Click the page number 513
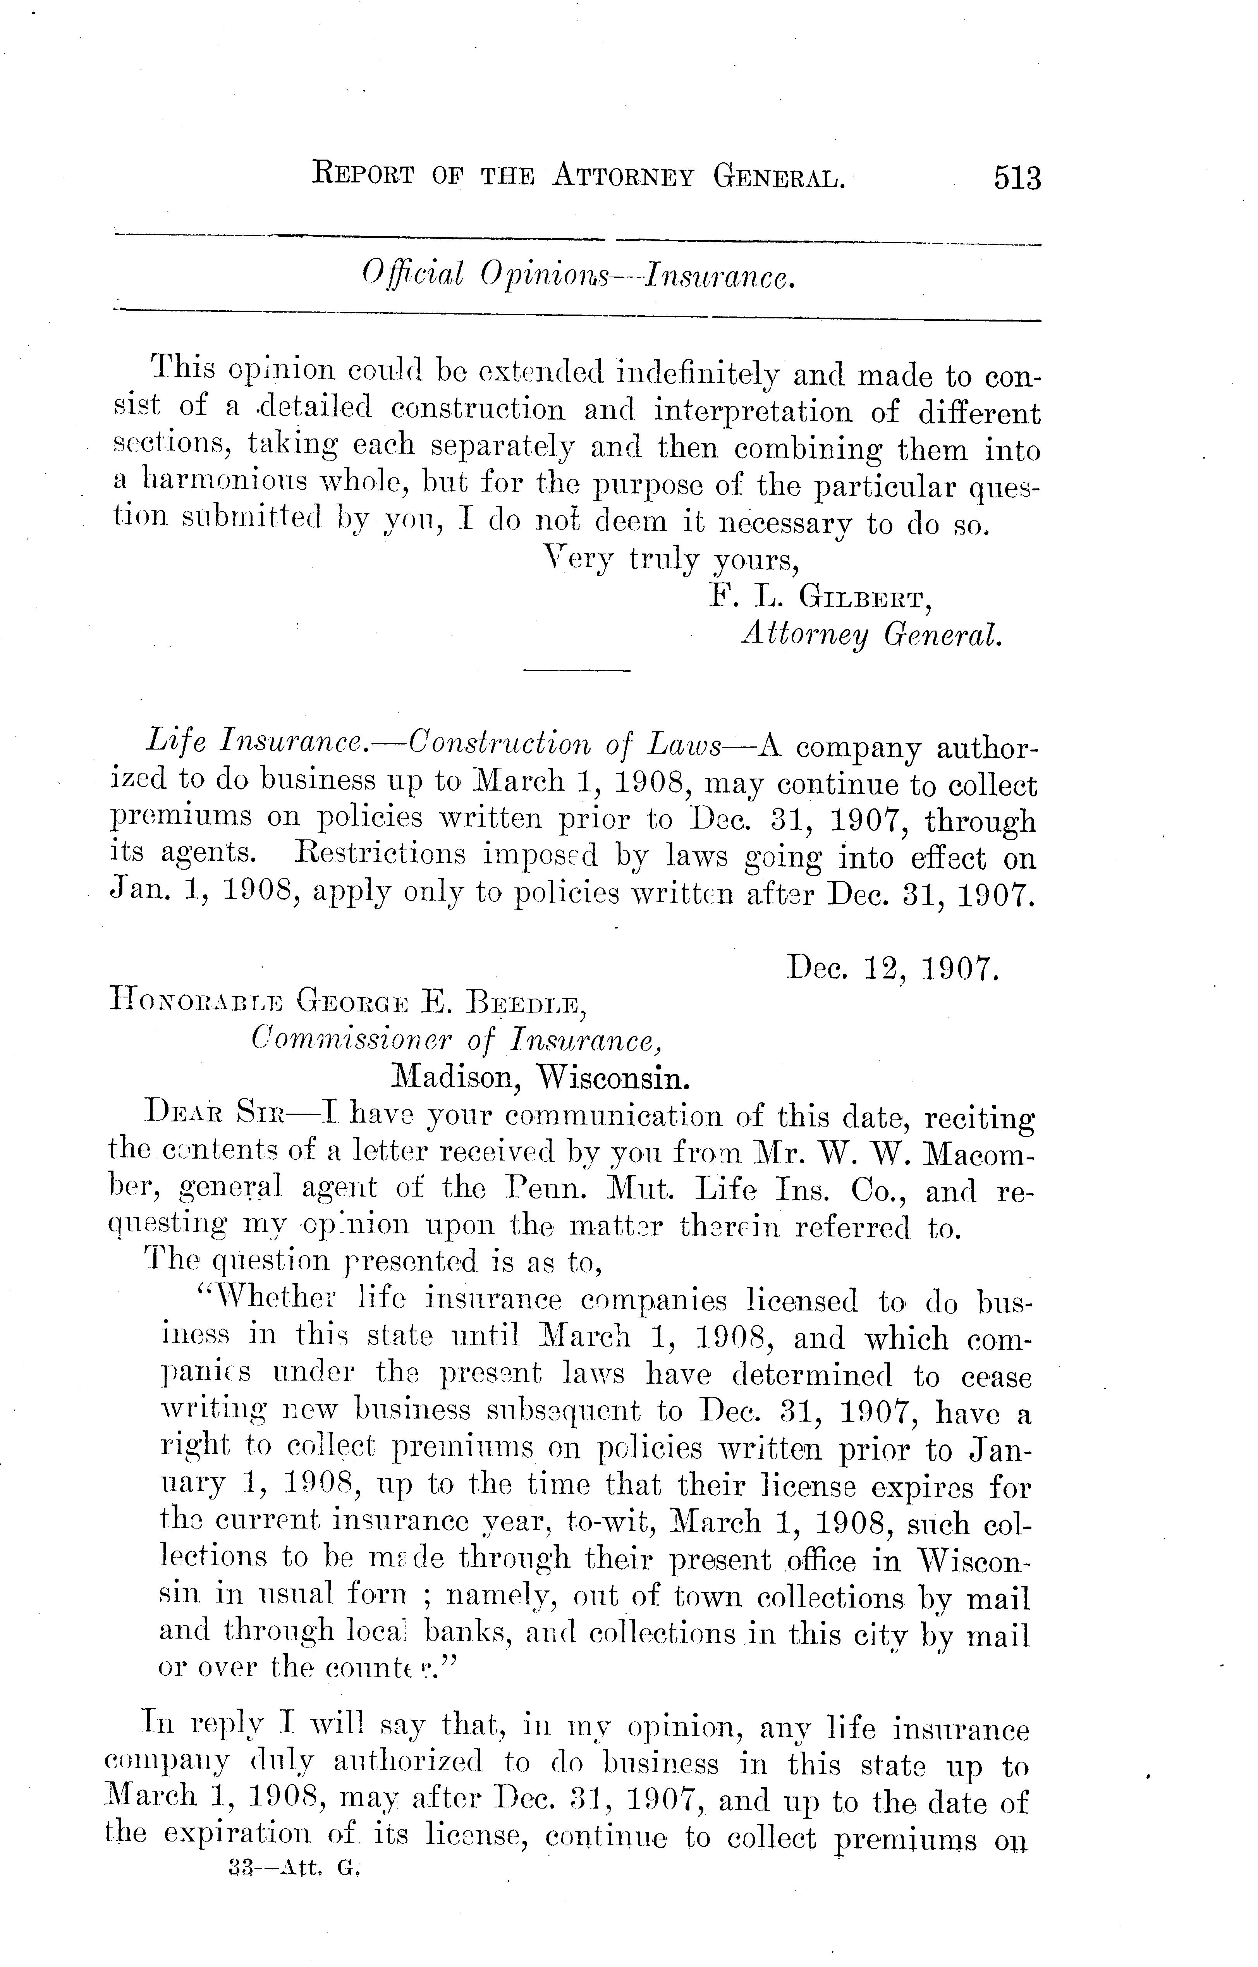[1017, 178]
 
